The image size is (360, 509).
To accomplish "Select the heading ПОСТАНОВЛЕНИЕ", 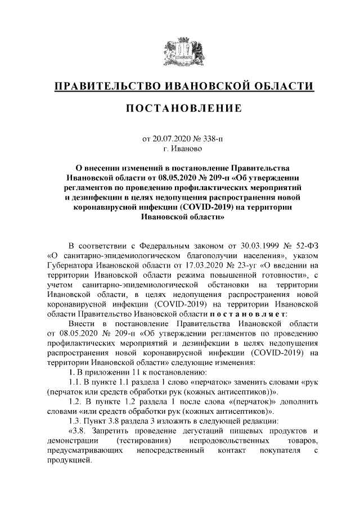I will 180,108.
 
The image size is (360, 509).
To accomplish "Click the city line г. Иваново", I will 180,148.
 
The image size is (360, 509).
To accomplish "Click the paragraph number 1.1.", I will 75,382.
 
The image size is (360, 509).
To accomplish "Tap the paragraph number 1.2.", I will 76,402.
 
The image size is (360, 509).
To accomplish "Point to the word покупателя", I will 274,451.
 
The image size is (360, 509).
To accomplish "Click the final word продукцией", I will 67,461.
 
